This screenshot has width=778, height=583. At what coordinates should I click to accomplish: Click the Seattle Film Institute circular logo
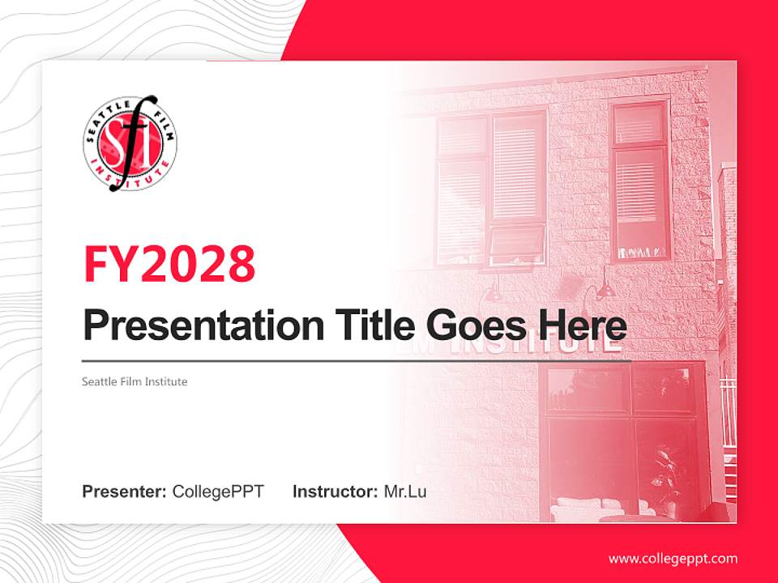130,143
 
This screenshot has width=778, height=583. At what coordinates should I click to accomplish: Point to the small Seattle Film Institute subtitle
135,381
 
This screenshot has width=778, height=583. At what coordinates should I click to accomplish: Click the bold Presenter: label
125,492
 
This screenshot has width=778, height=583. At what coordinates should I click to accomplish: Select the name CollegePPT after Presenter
218,492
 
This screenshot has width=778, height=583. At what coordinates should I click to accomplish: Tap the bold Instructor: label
335,492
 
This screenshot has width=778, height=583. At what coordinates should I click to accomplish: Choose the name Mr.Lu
405,492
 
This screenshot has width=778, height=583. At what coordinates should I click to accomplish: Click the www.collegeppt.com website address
673,558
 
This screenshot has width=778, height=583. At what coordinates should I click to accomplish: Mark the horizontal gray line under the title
357,361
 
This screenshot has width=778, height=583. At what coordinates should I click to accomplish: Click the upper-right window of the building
639,180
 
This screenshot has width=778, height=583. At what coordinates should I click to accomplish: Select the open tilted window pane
516,242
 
